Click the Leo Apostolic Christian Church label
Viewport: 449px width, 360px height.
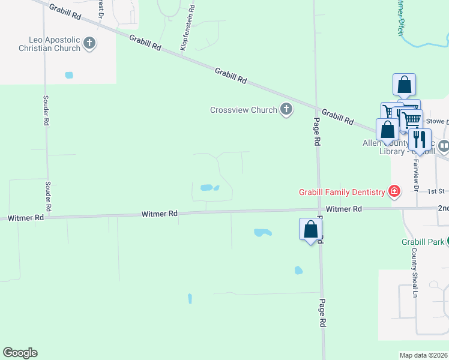point(50,43)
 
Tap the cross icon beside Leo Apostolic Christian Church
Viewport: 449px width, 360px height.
point(89,43)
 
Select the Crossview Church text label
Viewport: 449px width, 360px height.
point(243,110)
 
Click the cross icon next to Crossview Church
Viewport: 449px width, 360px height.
point(286,109)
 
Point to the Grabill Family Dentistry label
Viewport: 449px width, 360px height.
point(342,192)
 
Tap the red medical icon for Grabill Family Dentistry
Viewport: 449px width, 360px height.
point(394,192)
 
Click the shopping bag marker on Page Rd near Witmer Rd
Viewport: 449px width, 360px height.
point(310,230)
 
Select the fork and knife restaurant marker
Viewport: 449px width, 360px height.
point(420,140)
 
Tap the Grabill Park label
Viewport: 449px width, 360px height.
point(423,242)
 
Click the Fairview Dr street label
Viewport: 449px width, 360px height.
point(415,173)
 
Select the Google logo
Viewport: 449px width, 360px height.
point(20,353)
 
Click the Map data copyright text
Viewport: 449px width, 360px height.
point(423,355)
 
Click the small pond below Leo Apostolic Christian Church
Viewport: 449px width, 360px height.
point(68,76)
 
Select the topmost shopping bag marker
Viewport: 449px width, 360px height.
point(405,85)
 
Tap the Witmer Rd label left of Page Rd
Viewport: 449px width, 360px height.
point(160,214)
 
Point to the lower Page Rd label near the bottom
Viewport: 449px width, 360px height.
point(322,313)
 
